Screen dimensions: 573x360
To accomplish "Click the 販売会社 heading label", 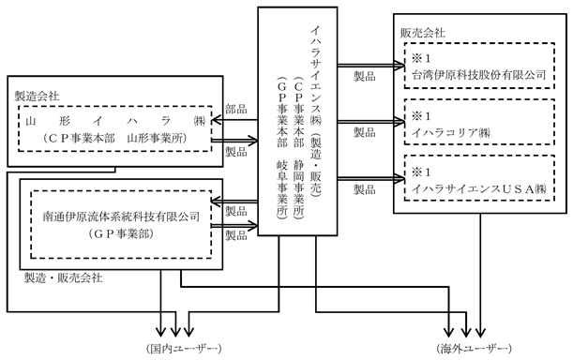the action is (423, 33).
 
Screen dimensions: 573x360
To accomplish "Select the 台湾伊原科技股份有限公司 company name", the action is (478, 75).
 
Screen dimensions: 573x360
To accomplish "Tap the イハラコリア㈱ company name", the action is (450, 133).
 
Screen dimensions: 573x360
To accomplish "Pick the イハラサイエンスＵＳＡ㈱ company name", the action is (478, 189).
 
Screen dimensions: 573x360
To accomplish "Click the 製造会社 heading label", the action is (37, 97).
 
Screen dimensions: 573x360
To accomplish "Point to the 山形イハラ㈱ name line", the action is (115, 121).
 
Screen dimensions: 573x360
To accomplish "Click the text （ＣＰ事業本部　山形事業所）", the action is (114, 139).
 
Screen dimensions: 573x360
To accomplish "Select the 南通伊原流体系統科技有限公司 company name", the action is (121, 217).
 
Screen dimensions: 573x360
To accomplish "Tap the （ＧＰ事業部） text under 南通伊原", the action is (121, 234).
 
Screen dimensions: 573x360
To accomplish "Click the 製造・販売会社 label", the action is (63, 278).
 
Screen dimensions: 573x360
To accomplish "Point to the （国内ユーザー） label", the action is (184, 349).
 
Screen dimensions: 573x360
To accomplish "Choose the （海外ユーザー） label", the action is (474, 349).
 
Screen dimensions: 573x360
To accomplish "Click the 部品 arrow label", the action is (236, 109).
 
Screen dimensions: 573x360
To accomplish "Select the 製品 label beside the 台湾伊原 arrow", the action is (364, 76).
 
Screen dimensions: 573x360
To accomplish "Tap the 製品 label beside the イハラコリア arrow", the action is (364, 132).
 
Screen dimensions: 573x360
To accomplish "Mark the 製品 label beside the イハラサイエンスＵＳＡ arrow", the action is (364, 189).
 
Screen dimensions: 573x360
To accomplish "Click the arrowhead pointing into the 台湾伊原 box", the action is (400, 66).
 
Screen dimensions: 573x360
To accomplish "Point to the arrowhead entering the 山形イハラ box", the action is (217, 120).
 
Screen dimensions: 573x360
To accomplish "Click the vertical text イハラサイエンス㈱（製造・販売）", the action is (316, 111).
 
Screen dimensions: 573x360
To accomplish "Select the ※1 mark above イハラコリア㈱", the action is (421, 116).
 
